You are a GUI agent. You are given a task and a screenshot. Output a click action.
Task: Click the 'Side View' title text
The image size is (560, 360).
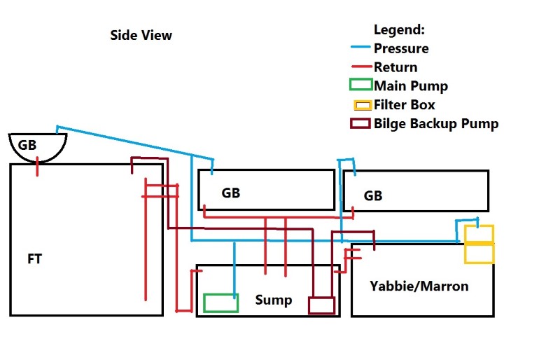click(x=141, y=35)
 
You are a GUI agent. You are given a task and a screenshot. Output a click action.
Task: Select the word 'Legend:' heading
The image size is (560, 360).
click(x=399, y=30)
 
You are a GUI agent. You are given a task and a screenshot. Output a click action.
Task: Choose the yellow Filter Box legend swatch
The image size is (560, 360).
click(x=362, y=105)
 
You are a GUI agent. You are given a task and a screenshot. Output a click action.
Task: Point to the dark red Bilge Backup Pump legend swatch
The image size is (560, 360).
click(x=360, y=124)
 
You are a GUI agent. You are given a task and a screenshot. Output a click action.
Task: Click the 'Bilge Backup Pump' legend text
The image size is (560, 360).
click(x=436, y=124)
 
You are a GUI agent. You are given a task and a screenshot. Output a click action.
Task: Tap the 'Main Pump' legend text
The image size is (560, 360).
click(x=411, y=86)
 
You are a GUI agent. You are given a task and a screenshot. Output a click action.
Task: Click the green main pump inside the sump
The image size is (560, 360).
click(x=220, y=303)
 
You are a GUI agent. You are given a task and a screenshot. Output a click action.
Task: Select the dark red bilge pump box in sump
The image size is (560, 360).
click(x=321, y=305)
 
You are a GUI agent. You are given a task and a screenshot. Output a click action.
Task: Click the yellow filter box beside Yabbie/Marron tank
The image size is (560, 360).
click(x=479, y=244)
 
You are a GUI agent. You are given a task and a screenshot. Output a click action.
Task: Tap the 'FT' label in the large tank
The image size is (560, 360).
click(x=34, y=259)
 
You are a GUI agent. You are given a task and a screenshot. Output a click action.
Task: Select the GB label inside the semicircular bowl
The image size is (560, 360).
click(x=27, y=146)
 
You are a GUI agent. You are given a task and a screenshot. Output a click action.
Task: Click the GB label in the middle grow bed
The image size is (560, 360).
click(x=230, y=193)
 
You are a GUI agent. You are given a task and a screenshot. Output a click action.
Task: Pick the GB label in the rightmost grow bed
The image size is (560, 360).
click(x=373, y=195)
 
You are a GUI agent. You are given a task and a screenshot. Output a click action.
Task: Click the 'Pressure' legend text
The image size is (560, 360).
click(x=401, y=49)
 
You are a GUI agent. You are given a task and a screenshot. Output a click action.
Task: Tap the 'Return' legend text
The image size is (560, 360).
click(x=395, y=68)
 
